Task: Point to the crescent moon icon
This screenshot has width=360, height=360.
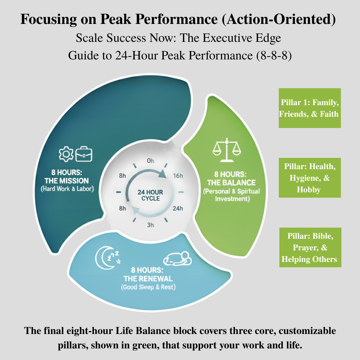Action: point(102,258)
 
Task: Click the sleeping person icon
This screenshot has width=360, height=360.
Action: point(177,259)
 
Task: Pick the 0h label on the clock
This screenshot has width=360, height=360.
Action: point(150,161)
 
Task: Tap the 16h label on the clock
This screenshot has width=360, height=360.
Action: point(178,176)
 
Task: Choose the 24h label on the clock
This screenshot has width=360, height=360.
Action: point(178,208)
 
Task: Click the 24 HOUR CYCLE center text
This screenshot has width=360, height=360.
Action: point(150,195)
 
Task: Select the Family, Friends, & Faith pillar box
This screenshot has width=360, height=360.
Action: point(310,108)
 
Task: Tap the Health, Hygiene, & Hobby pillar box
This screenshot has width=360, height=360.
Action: point(310,178)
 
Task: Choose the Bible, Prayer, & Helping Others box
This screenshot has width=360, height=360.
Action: point(310,247)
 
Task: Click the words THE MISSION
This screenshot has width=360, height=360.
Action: point(66,181)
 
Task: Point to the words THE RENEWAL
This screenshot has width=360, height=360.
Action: point(148,278)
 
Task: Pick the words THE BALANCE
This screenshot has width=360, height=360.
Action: point(231,183)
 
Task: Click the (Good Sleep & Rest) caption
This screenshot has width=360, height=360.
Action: point(148,287)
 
